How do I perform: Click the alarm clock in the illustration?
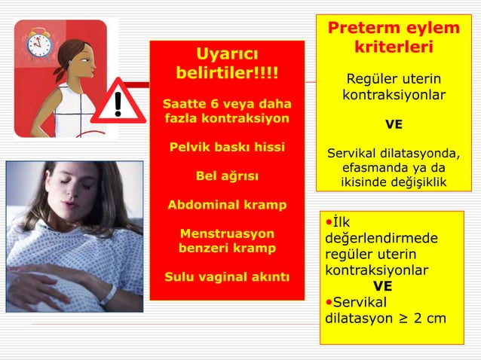(38, 45)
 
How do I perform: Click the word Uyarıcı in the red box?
(227, 54)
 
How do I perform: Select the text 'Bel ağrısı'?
(227, 175)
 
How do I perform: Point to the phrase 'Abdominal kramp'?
(227, 205)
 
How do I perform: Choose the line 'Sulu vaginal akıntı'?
(227, 276)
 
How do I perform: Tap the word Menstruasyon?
(227, 233)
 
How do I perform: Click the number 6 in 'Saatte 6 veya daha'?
(207, 102)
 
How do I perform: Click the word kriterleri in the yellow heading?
(394, 47)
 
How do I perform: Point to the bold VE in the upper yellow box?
(394, 124)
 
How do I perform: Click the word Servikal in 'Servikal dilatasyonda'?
(351, 154)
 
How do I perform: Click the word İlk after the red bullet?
(340, 222)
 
